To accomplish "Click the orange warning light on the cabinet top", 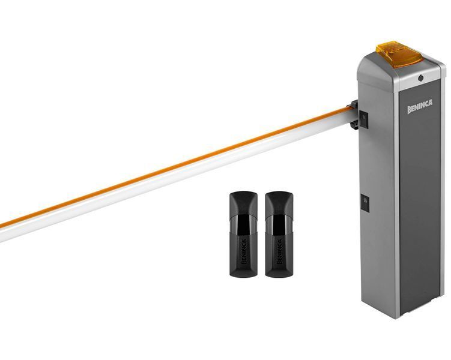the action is pyautogui.click(x=399, y=55).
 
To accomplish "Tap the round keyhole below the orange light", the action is pyautogui.click(x=421, y=77).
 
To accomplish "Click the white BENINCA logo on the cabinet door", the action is pyautogui.click(x=420, y=106).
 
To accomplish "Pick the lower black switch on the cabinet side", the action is pyautogui.click(x=365, y=203).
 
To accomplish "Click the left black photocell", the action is pyautogui.click(x=243, y=234).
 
